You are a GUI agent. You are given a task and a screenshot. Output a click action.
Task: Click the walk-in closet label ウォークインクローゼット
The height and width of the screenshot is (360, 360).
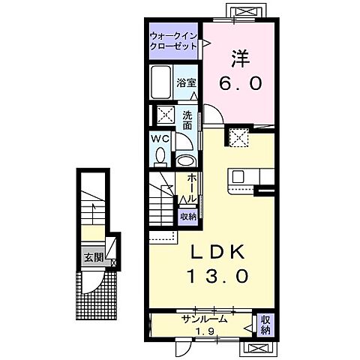173,41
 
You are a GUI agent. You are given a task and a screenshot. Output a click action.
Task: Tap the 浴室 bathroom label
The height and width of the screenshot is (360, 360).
186,82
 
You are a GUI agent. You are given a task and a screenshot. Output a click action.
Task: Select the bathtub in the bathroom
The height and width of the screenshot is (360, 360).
161,82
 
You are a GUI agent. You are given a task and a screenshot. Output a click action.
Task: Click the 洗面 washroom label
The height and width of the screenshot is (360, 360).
187,120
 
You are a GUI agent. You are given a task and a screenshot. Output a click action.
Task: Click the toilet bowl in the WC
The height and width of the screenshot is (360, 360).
160,157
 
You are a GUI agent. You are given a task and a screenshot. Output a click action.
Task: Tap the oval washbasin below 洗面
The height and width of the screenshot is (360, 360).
185,160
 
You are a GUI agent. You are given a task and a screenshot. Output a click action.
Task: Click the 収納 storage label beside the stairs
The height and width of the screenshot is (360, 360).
188,217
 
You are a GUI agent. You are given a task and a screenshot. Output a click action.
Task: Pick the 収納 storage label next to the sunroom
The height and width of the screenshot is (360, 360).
265,325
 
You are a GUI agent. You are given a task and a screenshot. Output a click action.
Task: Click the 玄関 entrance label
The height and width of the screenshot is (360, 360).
94,257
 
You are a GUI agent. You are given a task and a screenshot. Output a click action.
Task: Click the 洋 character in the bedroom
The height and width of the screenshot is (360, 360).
240,58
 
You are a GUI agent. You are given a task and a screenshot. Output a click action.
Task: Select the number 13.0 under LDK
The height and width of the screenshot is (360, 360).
218,276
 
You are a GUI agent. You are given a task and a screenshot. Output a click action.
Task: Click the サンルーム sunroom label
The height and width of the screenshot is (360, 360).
205,319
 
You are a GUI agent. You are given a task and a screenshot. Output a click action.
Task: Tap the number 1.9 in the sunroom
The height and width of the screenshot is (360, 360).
205,331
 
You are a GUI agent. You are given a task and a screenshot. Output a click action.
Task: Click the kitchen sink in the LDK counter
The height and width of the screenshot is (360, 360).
238,177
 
